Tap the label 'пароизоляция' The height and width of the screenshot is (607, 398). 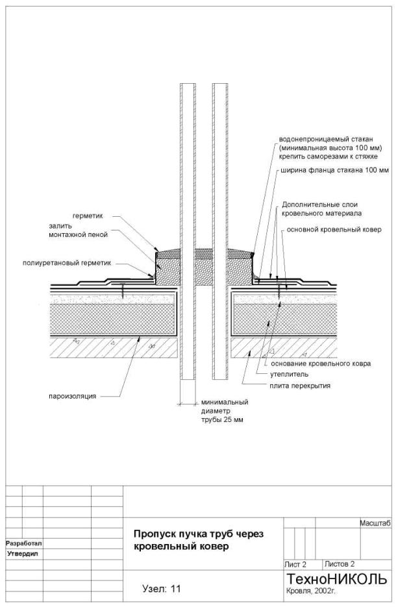click(x=71, y=395)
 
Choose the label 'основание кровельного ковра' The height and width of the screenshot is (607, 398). click(x=321, y=364)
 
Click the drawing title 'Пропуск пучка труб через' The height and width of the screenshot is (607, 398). click(x=198, y=534)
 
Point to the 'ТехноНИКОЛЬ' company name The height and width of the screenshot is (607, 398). click(x=336, y=579)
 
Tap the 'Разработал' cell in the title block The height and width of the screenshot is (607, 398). click(x=23, y=543)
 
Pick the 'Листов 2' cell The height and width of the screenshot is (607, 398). click(x=340, y=564)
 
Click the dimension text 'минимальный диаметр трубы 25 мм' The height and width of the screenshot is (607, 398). click(x=224, y=411)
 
